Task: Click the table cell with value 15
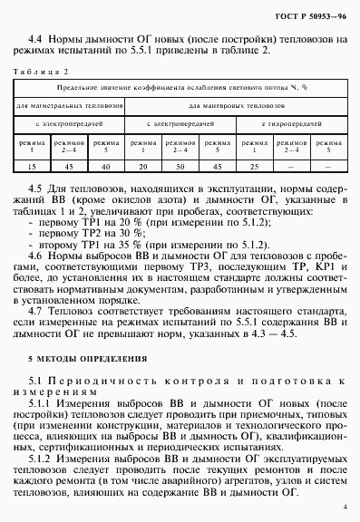click(33, 166)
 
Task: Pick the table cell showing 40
click(105, 166)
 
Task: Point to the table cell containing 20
click(142, 166)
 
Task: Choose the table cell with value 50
click(179, 166)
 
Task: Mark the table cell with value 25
click(254, 166)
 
